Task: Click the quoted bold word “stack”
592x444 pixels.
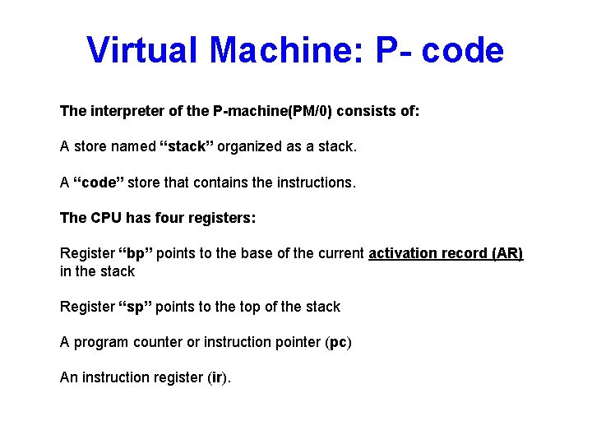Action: coord(187,147)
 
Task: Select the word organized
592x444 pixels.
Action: coord(252,147)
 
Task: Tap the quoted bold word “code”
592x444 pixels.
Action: coord(99,183)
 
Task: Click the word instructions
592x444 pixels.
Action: coord(317,183)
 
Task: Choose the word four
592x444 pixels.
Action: coord(169,218)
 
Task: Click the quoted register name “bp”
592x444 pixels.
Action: coord(136,253)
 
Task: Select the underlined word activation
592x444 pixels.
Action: coord(405,253)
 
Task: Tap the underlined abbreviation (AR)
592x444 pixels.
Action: coord(506,253)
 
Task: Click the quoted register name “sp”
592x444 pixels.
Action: coord(136,307)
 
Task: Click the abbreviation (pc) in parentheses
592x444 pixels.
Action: coord(337,342)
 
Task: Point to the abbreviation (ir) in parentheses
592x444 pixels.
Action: coord(217,377)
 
